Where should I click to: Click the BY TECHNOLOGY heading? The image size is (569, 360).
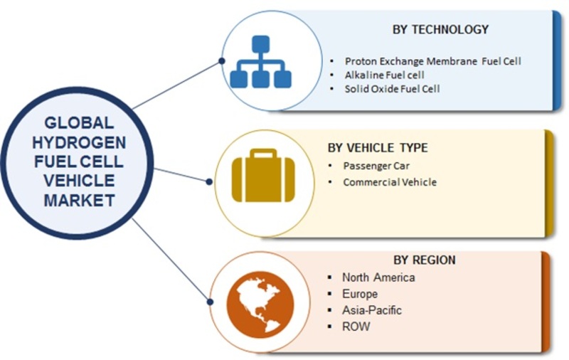pyautogui.click(x=440, y=29)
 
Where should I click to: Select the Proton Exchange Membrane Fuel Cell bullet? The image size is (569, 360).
pyautogui.click(x=432, y=61)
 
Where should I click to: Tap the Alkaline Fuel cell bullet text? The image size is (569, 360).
pyautogui.click(x=384, y=75)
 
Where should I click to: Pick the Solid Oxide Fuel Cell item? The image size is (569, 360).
pyautogui.click(x=392, y=89)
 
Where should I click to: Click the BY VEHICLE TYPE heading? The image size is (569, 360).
pyautogui.click(x=378, y=148)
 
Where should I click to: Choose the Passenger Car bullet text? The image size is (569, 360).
pyautogui.click(x=376, y=166)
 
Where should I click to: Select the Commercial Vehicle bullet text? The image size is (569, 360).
pyautogui.click(x=390, y=182)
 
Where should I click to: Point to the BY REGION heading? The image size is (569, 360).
pyautogui.click(x=425, y=260)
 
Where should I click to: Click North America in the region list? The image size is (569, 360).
pyautogui.click(x=378, y=277)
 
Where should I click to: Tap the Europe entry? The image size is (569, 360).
pyautogui.click(x=360, y=294)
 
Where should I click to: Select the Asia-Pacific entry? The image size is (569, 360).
pyautogui.click(x=371, y=310)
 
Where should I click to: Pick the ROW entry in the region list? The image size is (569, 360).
pyautogui.click(x=356, y=327)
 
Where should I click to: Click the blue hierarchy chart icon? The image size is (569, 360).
pyautogui.click(x=260, y=62)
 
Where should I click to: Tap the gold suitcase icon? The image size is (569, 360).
pyautogui.click(x=263, y=175)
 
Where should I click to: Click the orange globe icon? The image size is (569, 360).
pyautogui.click(x=260, y=305)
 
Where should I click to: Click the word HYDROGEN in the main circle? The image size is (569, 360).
pyautogui.click(x=79, y=142)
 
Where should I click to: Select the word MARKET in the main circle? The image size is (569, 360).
pyautogui.click(x=79, y=201)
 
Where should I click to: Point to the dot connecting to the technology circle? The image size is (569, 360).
pyautogui.click(x=222, y=61)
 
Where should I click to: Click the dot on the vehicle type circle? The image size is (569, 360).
pyautogui.click(x=209, y=181)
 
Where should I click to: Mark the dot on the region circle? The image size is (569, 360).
pyautogui.click(x=210, y=302)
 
